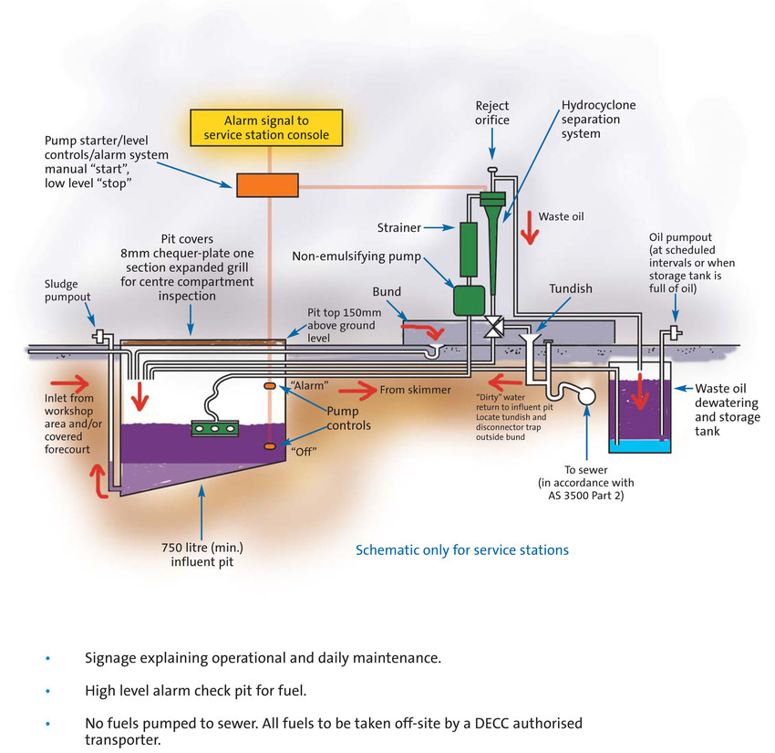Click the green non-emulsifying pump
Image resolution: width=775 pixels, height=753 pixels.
click(x=470, y=300)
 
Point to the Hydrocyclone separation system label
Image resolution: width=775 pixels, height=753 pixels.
click(x=598, y=120)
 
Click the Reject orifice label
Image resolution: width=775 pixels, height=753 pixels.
click(x=492, y=112)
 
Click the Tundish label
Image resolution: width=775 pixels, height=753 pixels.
click(x=571, y=288)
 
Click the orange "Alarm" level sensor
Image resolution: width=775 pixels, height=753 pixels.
click(x=270, y=387)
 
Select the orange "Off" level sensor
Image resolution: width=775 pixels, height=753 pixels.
click(x=270, y=445)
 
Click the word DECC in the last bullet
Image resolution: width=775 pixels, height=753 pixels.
click(x=450, y=723)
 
